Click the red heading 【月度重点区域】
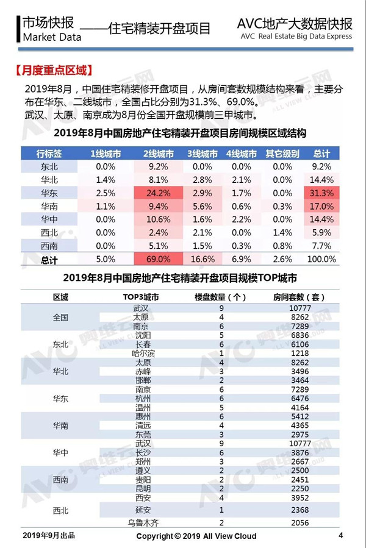pyautogui.click(x=54, y=71)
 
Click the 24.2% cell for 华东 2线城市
pyautogui.click(x=158, y=193)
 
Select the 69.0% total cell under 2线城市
pyautogui.click(x=158, y=259)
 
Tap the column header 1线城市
pyautogui.click(x=106, y=154)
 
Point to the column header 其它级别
pyautogui.click(x=282, y=154)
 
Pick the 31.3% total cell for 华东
pyautogui.click(x=321, y=193)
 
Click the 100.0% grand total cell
pyautogui.click(x=321, y=259)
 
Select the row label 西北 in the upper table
pyautogui.click(x=49, y=233)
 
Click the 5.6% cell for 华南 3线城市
pyautogui.click(x=203, y=207)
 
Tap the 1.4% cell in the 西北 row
pyautogui.click(x=282, y=233)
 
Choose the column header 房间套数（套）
pyautogui.click(x=299, y=297)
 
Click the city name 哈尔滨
pyautogui.click(x=143, y=354)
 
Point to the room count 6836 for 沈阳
pyautogui.click(x=300, y=335)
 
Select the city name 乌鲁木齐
pyautogui.click(x=143, y=523)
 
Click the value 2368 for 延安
pyautogui.click(x=300, y=510)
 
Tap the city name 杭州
pyautogui.click(x=143, y=399)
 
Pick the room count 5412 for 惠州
pyautogui.click(x=300, y=416)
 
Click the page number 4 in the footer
pyautogui.click(x=341, y=535)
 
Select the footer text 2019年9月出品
pyautogui.click(x=49, y=535)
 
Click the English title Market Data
pyautogui.click(x=52, y=37)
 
